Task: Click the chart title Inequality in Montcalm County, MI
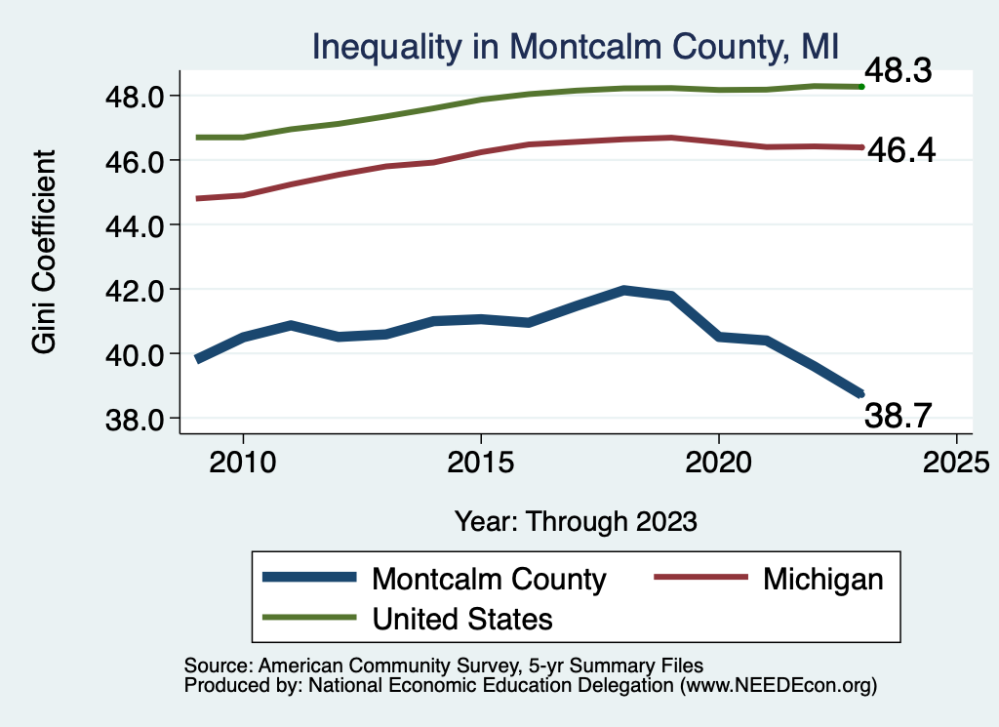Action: pos(576,46)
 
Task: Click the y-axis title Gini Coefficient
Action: pos(44,252)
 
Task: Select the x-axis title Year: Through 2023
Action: pos(576,521)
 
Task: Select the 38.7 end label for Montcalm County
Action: pos(900,418)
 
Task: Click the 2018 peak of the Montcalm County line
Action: pos(623,290)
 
